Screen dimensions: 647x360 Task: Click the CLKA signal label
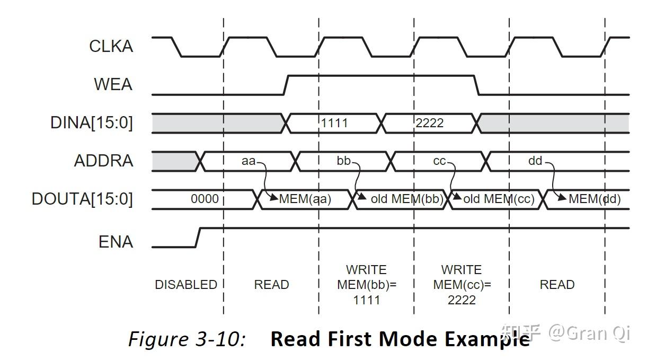coord(111,46)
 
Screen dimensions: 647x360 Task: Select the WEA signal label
coord(113,84)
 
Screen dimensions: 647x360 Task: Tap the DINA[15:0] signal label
coord(92,122)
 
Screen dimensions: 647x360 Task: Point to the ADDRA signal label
coord(104,161)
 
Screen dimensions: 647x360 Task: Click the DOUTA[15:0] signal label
coord(82,199)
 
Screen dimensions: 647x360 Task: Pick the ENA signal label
coord(116,242)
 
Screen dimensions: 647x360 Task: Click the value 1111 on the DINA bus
coord(334,124)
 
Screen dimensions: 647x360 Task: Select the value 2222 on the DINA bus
coord(430,124)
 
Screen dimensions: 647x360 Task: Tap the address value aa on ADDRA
coord(249,161)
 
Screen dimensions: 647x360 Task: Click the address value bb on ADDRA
coord(344,161)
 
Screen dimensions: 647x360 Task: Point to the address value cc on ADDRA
coord(439,161)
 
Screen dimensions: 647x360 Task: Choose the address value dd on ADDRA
coord(535,161)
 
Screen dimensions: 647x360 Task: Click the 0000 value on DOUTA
coord(205,199)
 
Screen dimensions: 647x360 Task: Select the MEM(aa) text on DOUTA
coord(305,199)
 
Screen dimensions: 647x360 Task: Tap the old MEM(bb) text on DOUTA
coord(407,199)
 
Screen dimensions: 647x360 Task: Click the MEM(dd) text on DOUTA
coord(595,199)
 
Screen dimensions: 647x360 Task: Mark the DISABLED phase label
coord(186,285)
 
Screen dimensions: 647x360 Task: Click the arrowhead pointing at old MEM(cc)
coord(457,196)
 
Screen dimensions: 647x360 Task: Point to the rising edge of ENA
coord(198,238)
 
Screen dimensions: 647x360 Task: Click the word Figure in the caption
coord(158,339)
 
